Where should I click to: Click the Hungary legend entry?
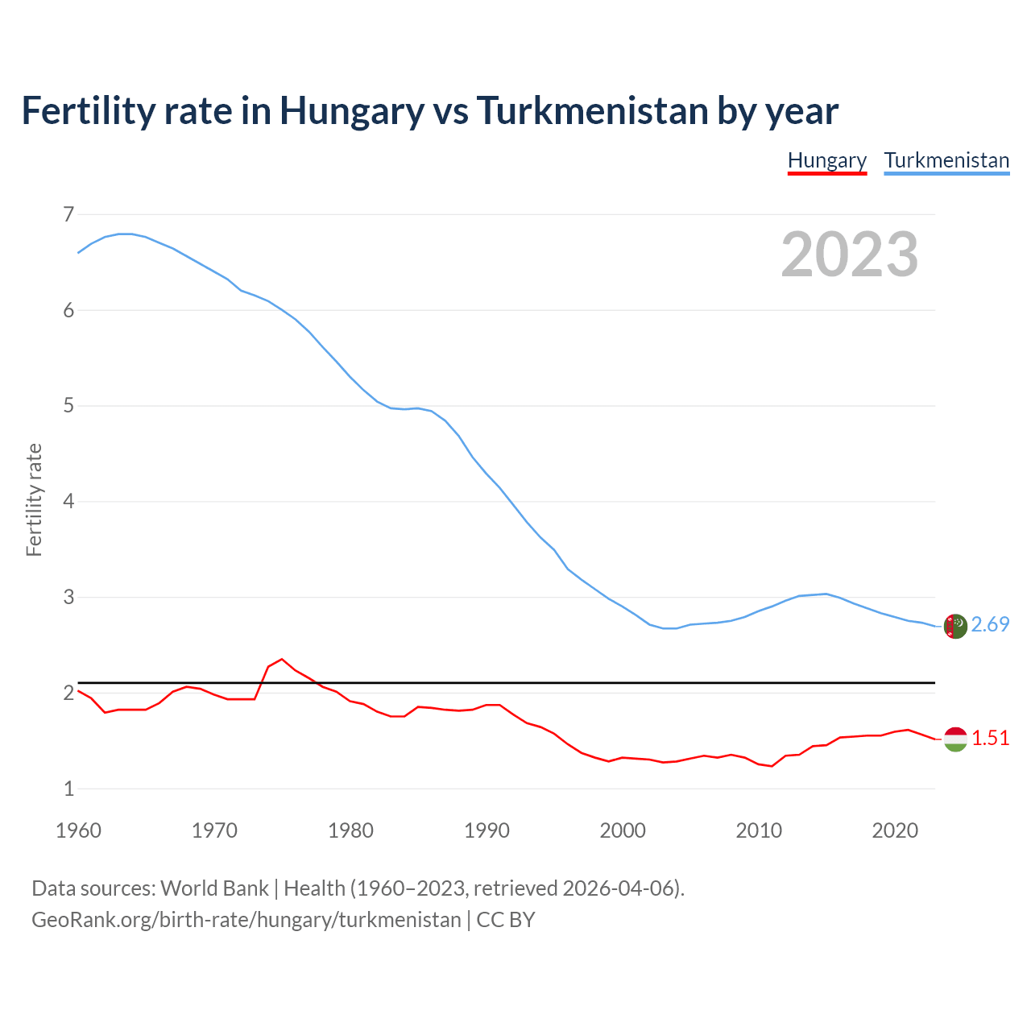(x=826, y=160)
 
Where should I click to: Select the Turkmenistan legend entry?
(x=946, y=160)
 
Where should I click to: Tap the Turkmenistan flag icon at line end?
(x=955, y=626)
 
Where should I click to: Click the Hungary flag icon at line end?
(x=955, y=739)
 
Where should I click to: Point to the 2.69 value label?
(x=990, y=625)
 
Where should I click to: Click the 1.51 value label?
(x=990, y=739)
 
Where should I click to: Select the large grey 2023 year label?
(x=850, y=255)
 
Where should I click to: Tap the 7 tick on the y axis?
(x=68, y=214)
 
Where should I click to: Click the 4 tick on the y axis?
(x=68, y=502)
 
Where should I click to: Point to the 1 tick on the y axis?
(x=68, y=789)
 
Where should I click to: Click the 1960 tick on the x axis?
(x=78, y=830)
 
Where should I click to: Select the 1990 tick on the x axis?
(x=487, y=830)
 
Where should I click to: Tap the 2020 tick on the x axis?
(x=895, y=830)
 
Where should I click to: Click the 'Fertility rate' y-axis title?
(x=34, y=499)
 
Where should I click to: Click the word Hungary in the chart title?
(x=351, y=110)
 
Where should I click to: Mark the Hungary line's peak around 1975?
(x=281, y=659)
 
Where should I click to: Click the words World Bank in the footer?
(x=214, y=888)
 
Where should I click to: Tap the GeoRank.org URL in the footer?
(x=246, y=920)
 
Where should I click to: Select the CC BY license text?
(x=506, y=920)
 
